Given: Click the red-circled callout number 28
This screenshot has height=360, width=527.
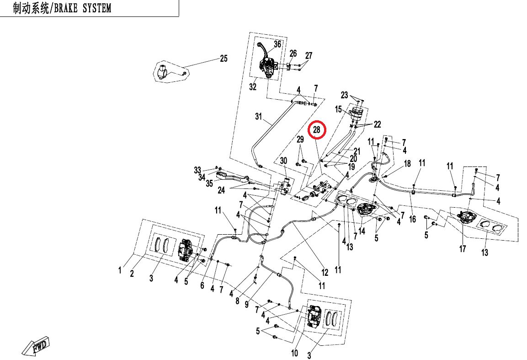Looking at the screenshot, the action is pos(317,129).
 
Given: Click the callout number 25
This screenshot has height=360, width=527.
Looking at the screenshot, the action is pos(224,59).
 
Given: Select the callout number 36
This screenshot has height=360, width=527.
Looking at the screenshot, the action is pos(277,44).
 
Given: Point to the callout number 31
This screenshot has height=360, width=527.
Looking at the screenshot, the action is pos(258,116).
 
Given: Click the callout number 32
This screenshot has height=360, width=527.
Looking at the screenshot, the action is pos(253,87).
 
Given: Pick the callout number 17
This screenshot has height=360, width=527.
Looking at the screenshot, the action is pos(463,249).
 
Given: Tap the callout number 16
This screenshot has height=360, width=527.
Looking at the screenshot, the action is pos(412,219).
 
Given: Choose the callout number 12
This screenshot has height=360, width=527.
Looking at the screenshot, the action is pos(325,272).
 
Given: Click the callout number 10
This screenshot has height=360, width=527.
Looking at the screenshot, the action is pos(294,353).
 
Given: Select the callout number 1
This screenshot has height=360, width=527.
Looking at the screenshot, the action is pos(120,270).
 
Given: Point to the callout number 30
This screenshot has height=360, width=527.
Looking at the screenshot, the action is pos(284,161).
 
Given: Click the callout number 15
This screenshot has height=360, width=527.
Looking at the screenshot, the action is pos(338,109).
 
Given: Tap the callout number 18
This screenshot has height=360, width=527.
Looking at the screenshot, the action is pos(407,163).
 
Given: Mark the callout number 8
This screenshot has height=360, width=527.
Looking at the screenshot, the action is pos(237,301).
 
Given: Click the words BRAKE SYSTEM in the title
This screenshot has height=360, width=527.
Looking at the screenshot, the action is pos(82,8).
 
